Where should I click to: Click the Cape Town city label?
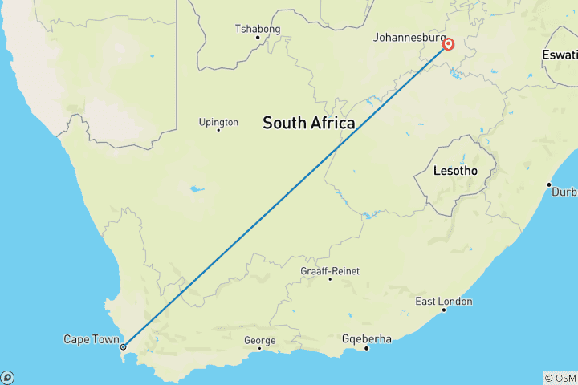pyautogui.click(x=92, y=340)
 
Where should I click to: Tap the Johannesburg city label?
pyautogui.click(x=409, y=37)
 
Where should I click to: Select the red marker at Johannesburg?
pyautogui.click(x=449, y=45)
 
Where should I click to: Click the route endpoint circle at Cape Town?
pyautogui.click(x=123, y=346)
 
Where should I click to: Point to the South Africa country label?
pyautogui.click(x=308, y=123)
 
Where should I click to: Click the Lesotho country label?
pyautogui.click(x=455, y=171)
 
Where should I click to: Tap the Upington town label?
pyautogui.click(x=218, y=122)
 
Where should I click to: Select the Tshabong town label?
pyautogui.click(x=258, y=29)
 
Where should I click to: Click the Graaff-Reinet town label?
pyautogui.click(x=330, y=271)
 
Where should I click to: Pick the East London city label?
pyautogui.click(x=444, y=302)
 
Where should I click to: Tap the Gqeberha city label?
pyautogui.click(x=367, y=339)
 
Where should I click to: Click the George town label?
pyautogui.click(x=259, y=341)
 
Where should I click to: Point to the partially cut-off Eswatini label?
pyautogui.click(x=560, y=55)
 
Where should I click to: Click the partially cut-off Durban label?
pyautogui.click(x=564, y=192)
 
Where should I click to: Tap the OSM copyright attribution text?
pyautogui.click(x=560, y=378)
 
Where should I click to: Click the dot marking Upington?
pyautogui.click(x=218, y=130)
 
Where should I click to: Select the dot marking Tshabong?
pyautogui.click(x=258, y=37)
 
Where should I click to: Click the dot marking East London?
pyautogui.click(x=444, y=310)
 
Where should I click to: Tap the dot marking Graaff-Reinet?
pyautogui.click(x=330, y=279)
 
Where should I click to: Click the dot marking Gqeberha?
pyautogui.click(x=367, y=347)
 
